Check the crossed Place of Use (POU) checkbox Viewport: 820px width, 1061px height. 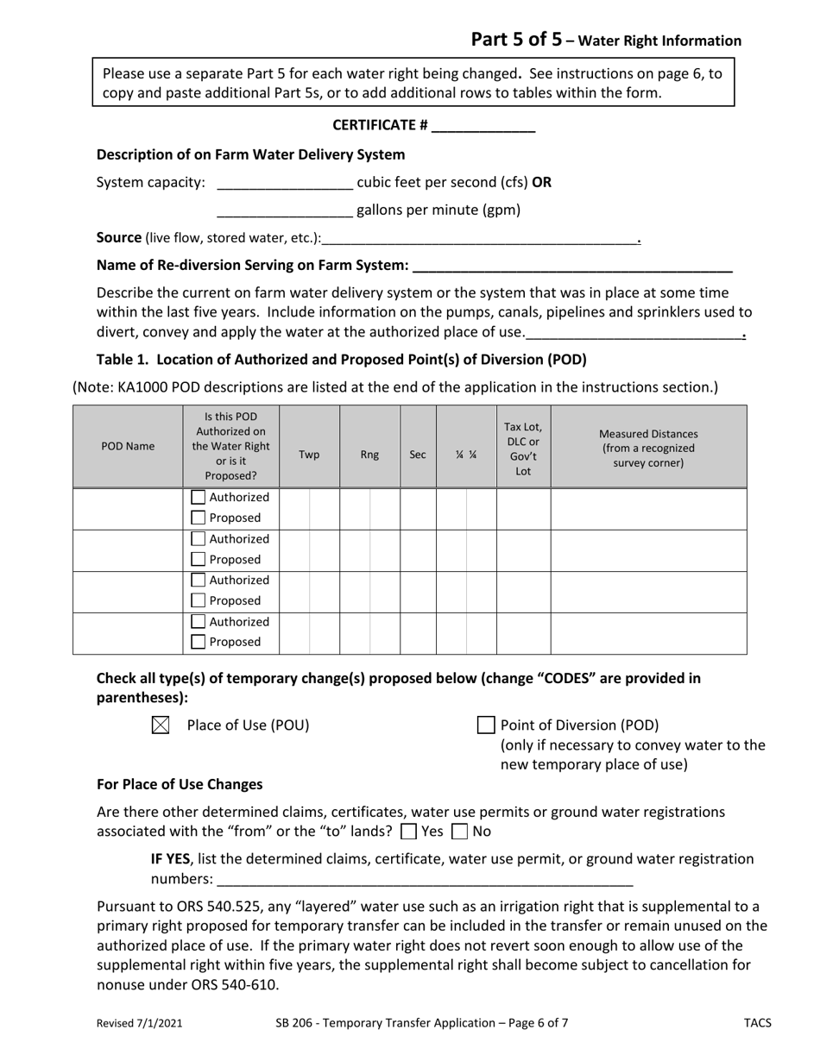click(x=161, y=725)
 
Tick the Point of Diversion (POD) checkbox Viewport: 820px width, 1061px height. click(x=486, y=725)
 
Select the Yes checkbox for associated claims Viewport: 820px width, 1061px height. click(x=409, y=832)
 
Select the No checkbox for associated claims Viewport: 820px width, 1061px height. click(x=460, y=832)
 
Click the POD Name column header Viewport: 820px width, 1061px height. click(x=128, y=447)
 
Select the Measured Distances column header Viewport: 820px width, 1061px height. click(x=648, y=448)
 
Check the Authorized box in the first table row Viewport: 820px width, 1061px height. click(x=199, y=498)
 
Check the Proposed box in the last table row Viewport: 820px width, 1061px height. click(x=199, y=642)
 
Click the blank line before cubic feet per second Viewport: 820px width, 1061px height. click(x=285, y=184)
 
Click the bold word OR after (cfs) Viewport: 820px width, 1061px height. click(x=541, y=183)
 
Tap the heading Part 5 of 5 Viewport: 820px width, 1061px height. click(x=516, y=40)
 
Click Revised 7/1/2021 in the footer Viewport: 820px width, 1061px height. click(x=139, y=1024)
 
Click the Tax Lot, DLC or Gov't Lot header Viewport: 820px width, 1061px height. click(x=523, y=448)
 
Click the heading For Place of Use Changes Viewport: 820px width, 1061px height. click(x=180, y=784)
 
